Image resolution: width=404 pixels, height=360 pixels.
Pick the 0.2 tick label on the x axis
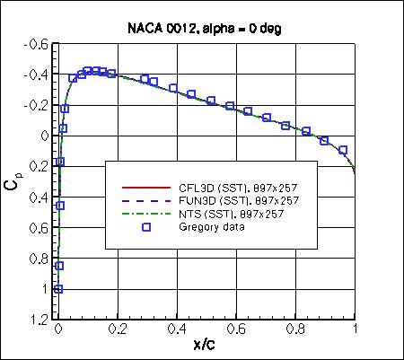coord(118,330)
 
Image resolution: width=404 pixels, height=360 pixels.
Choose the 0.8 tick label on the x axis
coord(296,330)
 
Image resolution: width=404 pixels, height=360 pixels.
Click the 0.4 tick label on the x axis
coord(177,330)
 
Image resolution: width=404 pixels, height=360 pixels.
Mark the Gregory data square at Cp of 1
coord(58,289)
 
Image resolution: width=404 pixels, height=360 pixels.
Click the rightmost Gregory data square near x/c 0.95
coord(342,150)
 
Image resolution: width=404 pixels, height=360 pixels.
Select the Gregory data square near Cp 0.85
coord(59,266)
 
